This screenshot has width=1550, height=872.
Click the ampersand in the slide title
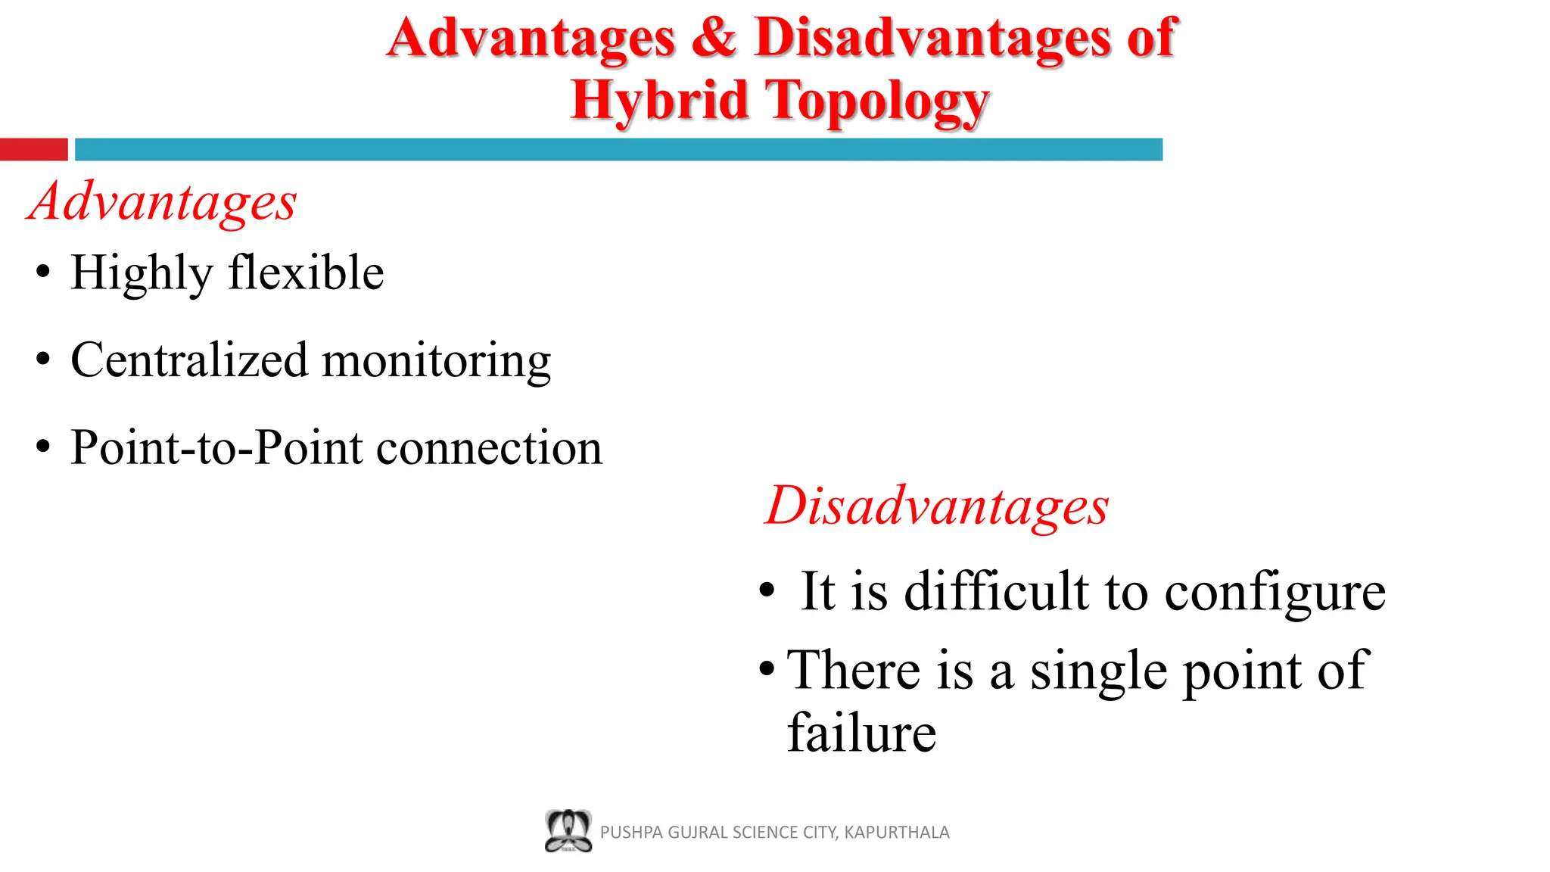point(714,37)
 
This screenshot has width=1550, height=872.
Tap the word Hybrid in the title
point(659,100)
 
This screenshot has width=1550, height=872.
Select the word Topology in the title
point(878,101)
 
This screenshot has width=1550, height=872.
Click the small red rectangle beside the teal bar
point(33,149)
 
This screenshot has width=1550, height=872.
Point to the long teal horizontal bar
point(618,149)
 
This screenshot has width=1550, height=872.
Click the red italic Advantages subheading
point(162,202)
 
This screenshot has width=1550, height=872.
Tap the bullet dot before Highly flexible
point(43,272)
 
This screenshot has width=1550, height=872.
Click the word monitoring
point(437,362)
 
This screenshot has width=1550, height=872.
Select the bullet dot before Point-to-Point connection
point(43,447)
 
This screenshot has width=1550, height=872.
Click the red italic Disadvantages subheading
point(937,506)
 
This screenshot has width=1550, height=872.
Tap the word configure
point(1275,593)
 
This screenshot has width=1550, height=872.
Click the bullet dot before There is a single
point(767,668)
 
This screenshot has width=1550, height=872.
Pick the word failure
point(861,733)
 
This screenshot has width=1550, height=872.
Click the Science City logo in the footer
point(568,831)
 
